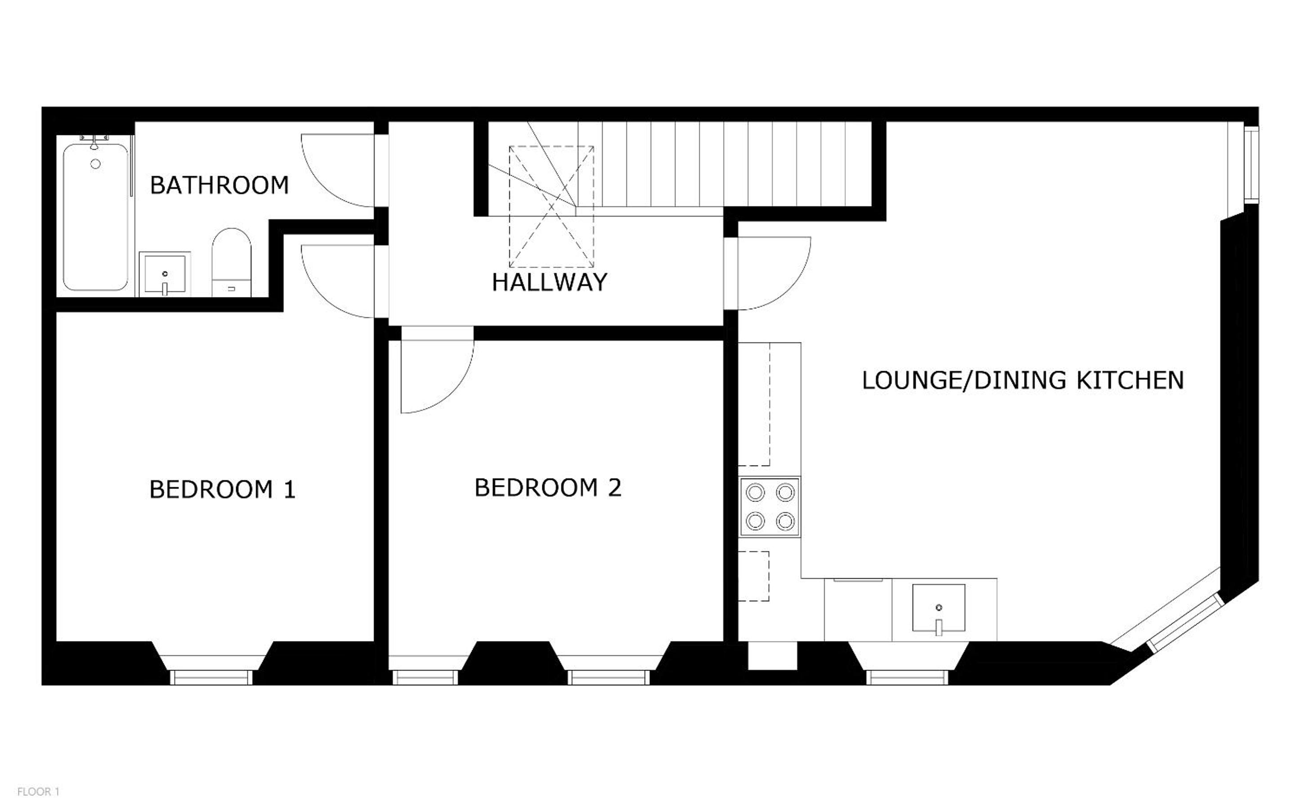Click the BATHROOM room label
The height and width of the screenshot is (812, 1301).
[x=219, y=185]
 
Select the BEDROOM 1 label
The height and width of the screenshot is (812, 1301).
[x=223, y=489]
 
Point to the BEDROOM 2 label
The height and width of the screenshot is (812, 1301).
[x=548, y=488]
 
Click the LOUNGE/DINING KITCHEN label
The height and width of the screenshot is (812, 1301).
[x=1023, y=380]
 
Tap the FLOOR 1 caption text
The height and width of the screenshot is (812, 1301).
[x=38, y=792]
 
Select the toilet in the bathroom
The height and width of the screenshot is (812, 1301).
[x=232, y=262]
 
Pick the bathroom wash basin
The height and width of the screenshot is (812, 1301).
[x=165, y=274]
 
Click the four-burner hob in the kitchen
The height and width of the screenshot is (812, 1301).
[x=770, y=506]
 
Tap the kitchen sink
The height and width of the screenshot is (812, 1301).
[x=938, y=608]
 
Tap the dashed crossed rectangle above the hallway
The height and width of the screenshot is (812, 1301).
[x=551, y=207]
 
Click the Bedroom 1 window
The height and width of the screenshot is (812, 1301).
[x=211, y=678]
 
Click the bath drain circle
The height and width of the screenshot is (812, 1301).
[x=96, y=164]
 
